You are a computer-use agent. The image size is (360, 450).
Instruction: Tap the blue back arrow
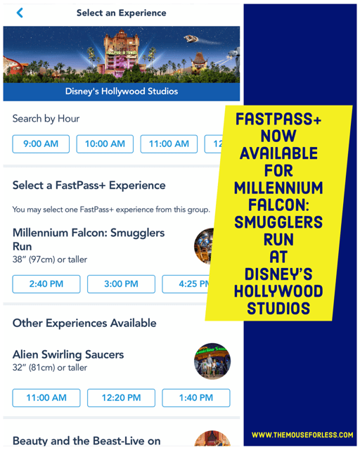pyautogui.click(x=20, y=13)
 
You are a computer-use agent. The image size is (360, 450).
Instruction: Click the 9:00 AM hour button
pyautogui.click(x=41, y=143)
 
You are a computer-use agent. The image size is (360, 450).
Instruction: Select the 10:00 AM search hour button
pyautogui.click(x=105, y=143)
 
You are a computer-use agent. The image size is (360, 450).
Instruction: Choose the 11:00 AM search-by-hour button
pyautogui.click(x=169, y=143)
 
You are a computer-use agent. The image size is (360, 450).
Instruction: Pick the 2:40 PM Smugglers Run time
pyautogui.click(x=46, y=284)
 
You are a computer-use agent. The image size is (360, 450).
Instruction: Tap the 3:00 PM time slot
pyautogui.click(x=121, y=284)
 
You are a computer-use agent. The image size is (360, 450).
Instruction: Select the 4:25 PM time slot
pyautogui.click(x=186, y=284)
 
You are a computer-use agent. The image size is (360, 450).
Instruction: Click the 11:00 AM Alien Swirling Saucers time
pyautogui.click(x=46, y=398)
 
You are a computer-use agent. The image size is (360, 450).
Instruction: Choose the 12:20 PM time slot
pyautogui.click(x=121, y=398)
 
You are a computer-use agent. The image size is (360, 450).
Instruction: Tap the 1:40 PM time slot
pyautogui.click(x=196, y=398)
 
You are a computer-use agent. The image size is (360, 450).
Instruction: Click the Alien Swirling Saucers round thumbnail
pyautogui.click(x=212, y=361)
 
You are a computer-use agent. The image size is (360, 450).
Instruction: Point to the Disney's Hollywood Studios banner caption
pyautogui.click(x=122, y=91)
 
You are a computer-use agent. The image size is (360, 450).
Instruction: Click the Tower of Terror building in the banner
pyautogui.click(x=120, y=53)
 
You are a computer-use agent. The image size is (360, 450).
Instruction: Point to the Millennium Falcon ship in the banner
pyautogui.click(x=191, y=38)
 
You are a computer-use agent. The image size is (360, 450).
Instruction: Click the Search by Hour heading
pyautogui.click(x=46, y=119)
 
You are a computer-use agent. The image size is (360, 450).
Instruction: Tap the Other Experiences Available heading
pyautogui.click(x=84, y=323)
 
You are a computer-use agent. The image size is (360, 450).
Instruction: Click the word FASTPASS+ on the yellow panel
pyautogui.click(x=278, y=119)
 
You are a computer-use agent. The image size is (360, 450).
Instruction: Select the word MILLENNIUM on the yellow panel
pyautogui.click(x=278, y=188)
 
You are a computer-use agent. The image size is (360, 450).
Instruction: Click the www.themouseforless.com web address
pyautogui.click(x=302, y=435)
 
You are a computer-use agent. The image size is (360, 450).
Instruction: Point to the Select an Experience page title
pyautogui.click(x=122, y=13)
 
